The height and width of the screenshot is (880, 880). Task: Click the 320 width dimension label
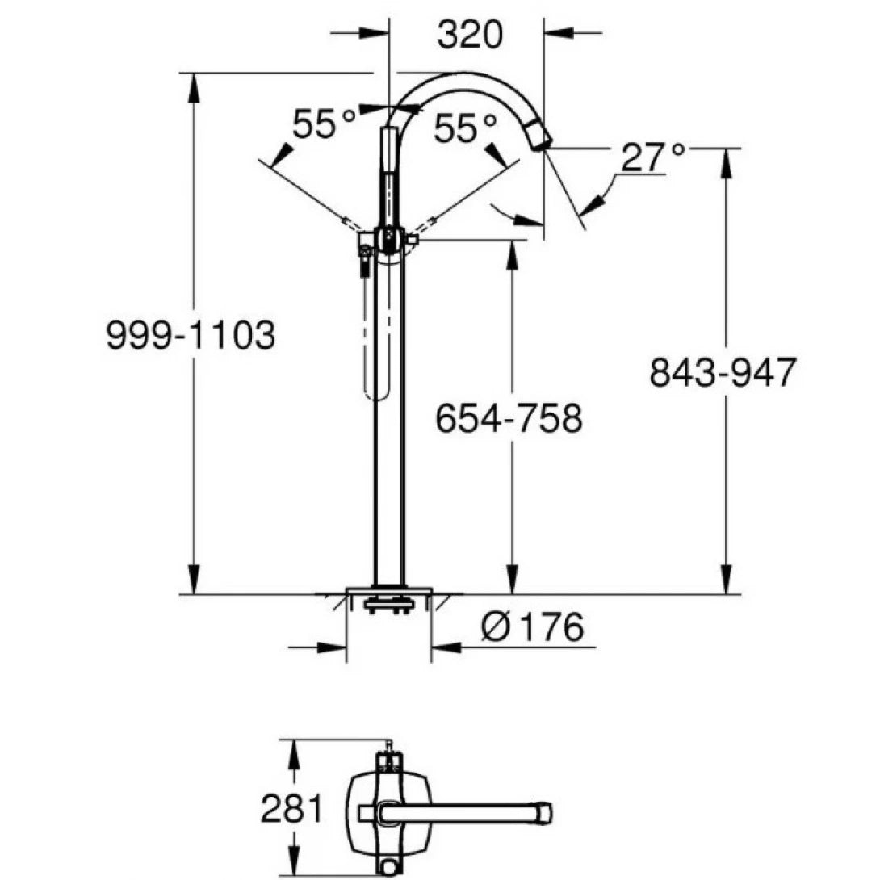[469, 34]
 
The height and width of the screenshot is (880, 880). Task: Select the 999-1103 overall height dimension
[191, 334]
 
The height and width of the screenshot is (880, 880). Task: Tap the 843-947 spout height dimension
[723, 373]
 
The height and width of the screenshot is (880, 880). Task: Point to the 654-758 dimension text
[509, 419]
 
